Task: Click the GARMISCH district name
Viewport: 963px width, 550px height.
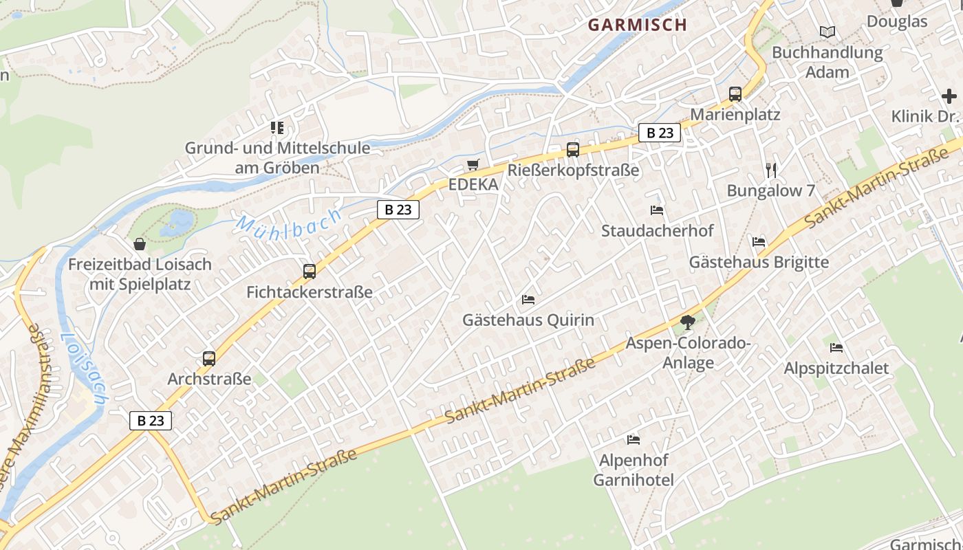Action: coord(637,25)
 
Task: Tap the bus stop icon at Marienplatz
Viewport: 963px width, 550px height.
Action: coord(735,94)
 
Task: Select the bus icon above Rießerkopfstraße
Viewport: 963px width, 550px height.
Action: coord(572,149)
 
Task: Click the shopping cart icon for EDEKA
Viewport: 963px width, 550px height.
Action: coord(473,164)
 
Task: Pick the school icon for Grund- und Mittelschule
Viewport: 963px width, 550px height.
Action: coord(277,127)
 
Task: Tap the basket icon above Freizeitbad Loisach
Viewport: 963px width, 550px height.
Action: coord(140,244)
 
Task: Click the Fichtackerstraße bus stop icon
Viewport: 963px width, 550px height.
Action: coord(310,272)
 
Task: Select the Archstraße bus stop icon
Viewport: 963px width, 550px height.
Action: coord(209,358)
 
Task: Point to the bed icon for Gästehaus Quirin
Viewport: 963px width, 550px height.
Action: coord(528,300)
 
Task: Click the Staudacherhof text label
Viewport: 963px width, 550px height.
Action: coord(657,231)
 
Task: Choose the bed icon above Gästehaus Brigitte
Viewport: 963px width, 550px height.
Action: coord(759,242)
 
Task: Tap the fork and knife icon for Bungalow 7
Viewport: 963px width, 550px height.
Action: coord(770,170)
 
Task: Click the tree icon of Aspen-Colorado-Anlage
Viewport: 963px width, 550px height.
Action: coord(686,322)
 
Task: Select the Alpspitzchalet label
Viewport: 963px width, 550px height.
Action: coord(836,368)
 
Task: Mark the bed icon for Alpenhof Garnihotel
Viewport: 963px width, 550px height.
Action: coord(634,439)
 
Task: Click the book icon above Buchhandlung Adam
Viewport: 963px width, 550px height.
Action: coord(827,32)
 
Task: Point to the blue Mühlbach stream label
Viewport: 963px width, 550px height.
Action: coord(289,223)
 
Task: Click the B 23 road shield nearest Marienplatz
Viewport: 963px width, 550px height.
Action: coord(660,133)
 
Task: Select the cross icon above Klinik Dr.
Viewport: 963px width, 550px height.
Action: coord(949,96)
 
